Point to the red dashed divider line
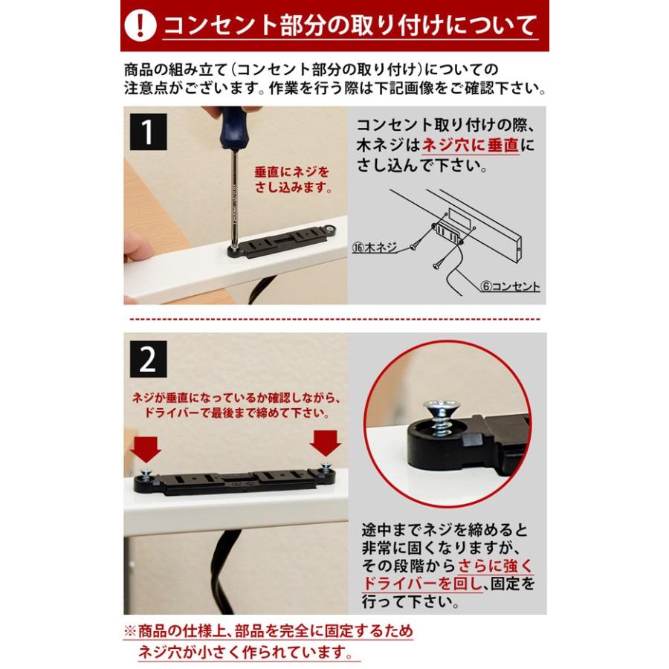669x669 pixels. click(x=334, y=319)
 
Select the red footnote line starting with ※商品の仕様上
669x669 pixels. click(x=268, y=632)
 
